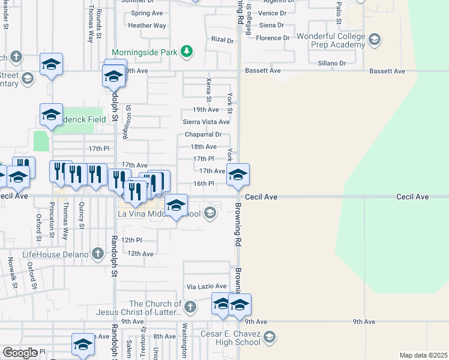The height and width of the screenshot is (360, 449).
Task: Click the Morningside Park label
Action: pyautogui.click(x=145, y=52)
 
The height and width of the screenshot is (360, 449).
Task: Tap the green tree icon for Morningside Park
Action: pyautogui.click(x=188, y=52)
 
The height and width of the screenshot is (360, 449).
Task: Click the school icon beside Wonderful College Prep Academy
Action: pyautogui.click(x=375, y=41)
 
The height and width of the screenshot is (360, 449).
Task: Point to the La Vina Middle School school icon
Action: pyautogui.click(x=209, y=212)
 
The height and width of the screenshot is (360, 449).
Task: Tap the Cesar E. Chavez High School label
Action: pyautogui.click(x=231, y=338)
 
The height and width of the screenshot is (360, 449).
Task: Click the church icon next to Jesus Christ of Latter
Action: pyautogui.click(x=190, y=308)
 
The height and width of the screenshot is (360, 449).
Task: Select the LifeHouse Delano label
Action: pyautogui.click(x=55, y=254)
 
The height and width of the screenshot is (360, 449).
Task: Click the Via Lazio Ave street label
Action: pyautogui.click(x=206, y=287)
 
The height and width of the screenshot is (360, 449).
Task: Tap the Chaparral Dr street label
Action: pyautogui.click(x=203, y=134)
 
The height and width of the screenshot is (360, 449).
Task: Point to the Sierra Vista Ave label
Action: pyautogui.click(x=206, y=122)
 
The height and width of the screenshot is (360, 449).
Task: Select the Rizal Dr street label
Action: pyautogui.click(x=221, y=40)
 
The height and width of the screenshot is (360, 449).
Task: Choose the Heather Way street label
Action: pyautogui.click(x=147, y=26)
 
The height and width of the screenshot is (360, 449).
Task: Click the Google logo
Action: pyautogui.click(x=20, y=352)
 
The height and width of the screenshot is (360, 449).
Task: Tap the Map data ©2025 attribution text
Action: pyautogui.click(x=423, y=355)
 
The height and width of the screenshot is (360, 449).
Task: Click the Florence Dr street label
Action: pyautogui.click(x=273, y=38)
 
